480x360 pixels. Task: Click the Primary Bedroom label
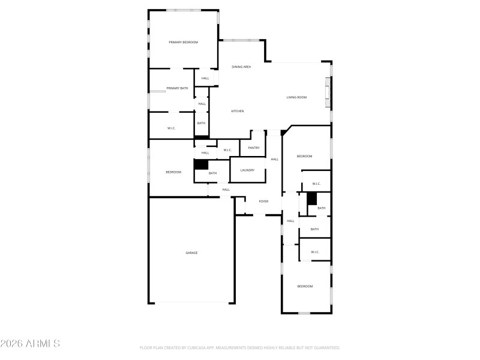coord(183,42)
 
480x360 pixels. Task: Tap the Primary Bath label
coord(177,88)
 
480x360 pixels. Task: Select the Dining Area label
coord(241,67)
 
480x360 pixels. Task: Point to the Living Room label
coord(296,97)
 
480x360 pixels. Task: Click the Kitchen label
coord(238,111)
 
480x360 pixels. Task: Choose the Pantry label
coord(253,148)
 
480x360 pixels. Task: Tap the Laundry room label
coord(247,170)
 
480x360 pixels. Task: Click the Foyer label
coord(263,201)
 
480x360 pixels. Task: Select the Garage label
coord(191,253)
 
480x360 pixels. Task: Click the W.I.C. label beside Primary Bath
coord(171,128)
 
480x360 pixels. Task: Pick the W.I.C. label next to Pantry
coord(228,150)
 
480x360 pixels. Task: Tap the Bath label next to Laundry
coord(212,173)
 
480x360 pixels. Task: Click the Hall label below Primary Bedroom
coord(205,79)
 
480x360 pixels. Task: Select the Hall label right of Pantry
coord(274,159)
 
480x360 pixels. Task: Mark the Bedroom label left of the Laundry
coord(173,172)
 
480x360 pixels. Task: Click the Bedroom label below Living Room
coord(305,156)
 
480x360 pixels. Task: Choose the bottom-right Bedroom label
coord(305,286)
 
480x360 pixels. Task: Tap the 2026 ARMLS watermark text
coord(30,344)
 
